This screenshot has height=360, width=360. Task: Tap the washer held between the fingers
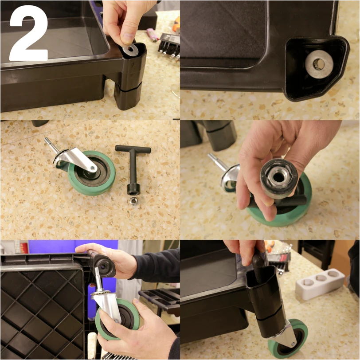pos(130,49)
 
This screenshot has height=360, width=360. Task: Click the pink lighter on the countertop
pos(152,35)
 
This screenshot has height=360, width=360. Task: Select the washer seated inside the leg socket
pos(319,64)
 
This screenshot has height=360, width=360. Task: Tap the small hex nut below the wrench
pos(133,201)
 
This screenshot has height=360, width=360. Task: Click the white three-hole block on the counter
pos(320,284)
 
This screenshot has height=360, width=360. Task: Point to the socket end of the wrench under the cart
pos(105,266)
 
